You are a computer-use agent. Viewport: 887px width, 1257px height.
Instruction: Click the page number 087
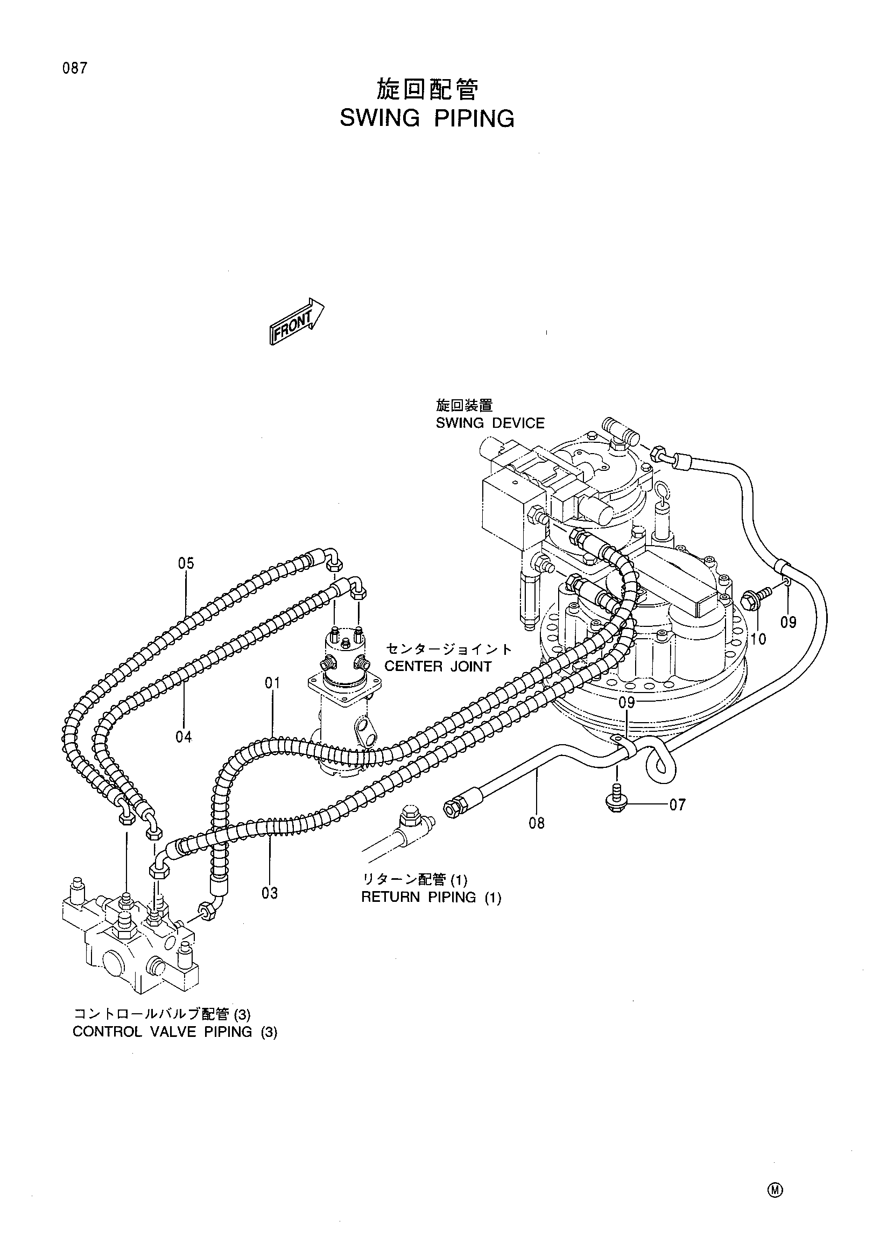pyautogui.click(x=75, y=69)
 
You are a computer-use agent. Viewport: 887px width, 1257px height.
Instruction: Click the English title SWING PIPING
pyautogui.click(x=427, y=118)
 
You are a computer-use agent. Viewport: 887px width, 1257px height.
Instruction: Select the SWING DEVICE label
pyautogui.click(x=490, y=423)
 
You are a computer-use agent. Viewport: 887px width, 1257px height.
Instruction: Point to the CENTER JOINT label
pyautogui.click(x=438, y=666)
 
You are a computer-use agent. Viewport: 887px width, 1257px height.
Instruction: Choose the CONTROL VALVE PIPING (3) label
pyautogui.click(x=175, y=1032)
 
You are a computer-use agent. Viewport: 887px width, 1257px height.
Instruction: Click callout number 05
pyautogui.click(x=186, y=563)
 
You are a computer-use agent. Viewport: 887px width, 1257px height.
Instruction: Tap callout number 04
pyautogui.click(x=184, y=737)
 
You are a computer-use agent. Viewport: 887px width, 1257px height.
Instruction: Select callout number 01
pyautogui.click(x=272, y=683)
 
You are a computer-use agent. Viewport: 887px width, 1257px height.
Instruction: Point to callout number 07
pyautogui.click(x=677, y=805)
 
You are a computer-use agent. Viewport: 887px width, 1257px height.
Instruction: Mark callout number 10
pyautogui.click(x=758, y=638)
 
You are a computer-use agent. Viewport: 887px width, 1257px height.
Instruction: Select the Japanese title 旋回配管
pyautogui.click(x=427, y=90)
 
